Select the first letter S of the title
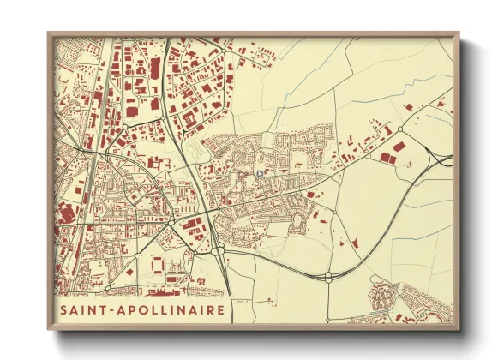(63, 309)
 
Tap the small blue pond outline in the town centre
(260, 175)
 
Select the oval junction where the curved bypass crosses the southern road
(327, 276)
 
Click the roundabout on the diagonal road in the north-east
(399, 130)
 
